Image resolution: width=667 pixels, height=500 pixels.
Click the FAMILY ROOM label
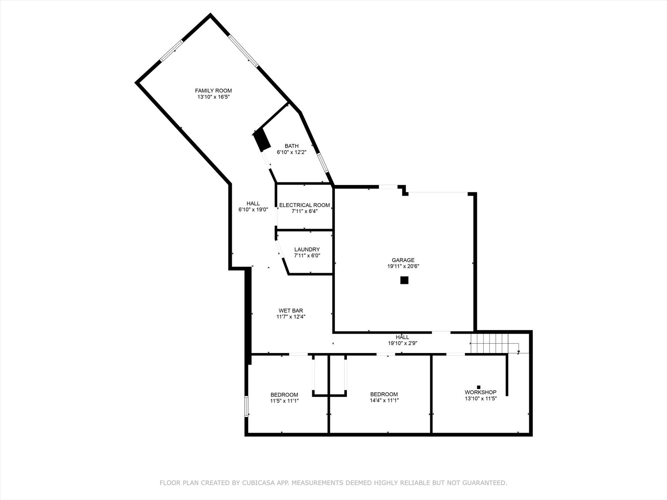pos(213,91)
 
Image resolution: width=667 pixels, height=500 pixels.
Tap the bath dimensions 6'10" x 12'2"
pos(292,152)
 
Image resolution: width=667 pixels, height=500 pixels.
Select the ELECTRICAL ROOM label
pos(305,205)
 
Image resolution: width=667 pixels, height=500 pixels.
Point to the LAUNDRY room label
pos(307,250)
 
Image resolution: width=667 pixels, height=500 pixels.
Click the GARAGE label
pos(403,260)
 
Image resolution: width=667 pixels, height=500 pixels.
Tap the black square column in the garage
pos(404,280)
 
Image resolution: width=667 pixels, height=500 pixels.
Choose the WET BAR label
pos(291,311)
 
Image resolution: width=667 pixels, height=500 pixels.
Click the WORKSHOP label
pos(481,392)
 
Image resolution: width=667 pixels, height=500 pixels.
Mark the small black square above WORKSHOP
pos(478,387)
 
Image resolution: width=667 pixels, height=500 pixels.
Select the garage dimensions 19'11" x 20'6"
pos(403,266)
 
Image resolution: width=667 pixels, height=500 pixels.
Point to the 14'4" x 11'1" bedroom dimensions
pos(384,400)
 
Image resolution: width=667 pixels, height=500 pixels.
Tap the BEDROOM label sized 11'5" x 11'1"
pos(284,395)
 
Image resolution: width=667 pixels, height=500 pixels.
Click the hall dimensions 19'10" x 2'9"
pos(402,343)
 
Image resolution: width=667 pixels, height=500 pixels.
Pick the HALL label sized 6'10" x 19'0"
pos(253,203)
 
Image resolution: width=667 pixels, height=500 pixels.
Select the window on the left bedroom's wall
pos(246,407)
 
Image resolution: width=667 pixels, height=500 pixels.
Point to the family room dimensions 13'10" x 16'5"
pos(213,97)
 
